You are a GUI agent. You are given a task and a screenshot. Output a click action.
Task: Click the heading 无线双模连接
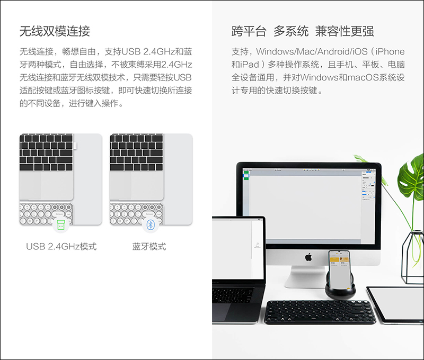click(55, 31)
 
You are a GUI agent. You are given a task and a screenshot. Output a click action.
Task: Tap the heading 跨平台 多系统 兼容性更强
click(303, 31)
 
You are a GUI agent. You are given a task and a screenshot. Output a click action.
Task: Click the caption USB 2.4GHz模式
click(61, 246)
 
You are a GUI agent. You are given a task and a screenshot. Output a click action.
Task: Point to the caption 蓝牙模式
click(149, 246)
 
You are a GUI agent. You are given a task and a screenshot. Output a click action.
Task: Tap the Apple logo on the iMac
click(308, 257)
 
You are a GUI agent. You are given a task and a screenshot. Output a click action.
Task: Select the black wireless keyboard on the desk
click(320, 312)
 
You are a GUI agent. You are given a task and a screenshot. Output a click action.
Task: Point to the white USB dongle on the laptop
click(75, 146)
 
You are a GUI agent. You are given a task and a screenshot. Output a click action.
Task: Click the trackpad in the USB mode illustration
click(46, 185)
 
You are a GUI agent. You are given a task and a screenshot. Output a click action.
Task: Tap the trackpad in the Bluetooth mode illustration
click(137, 185)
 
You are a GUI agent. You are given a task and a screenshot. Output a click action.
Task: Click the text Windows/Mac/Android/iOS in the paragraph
click(312, 51)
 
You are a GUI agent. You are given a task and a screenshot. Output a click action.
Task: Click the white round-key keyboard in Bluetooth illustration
click(136, 214)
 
